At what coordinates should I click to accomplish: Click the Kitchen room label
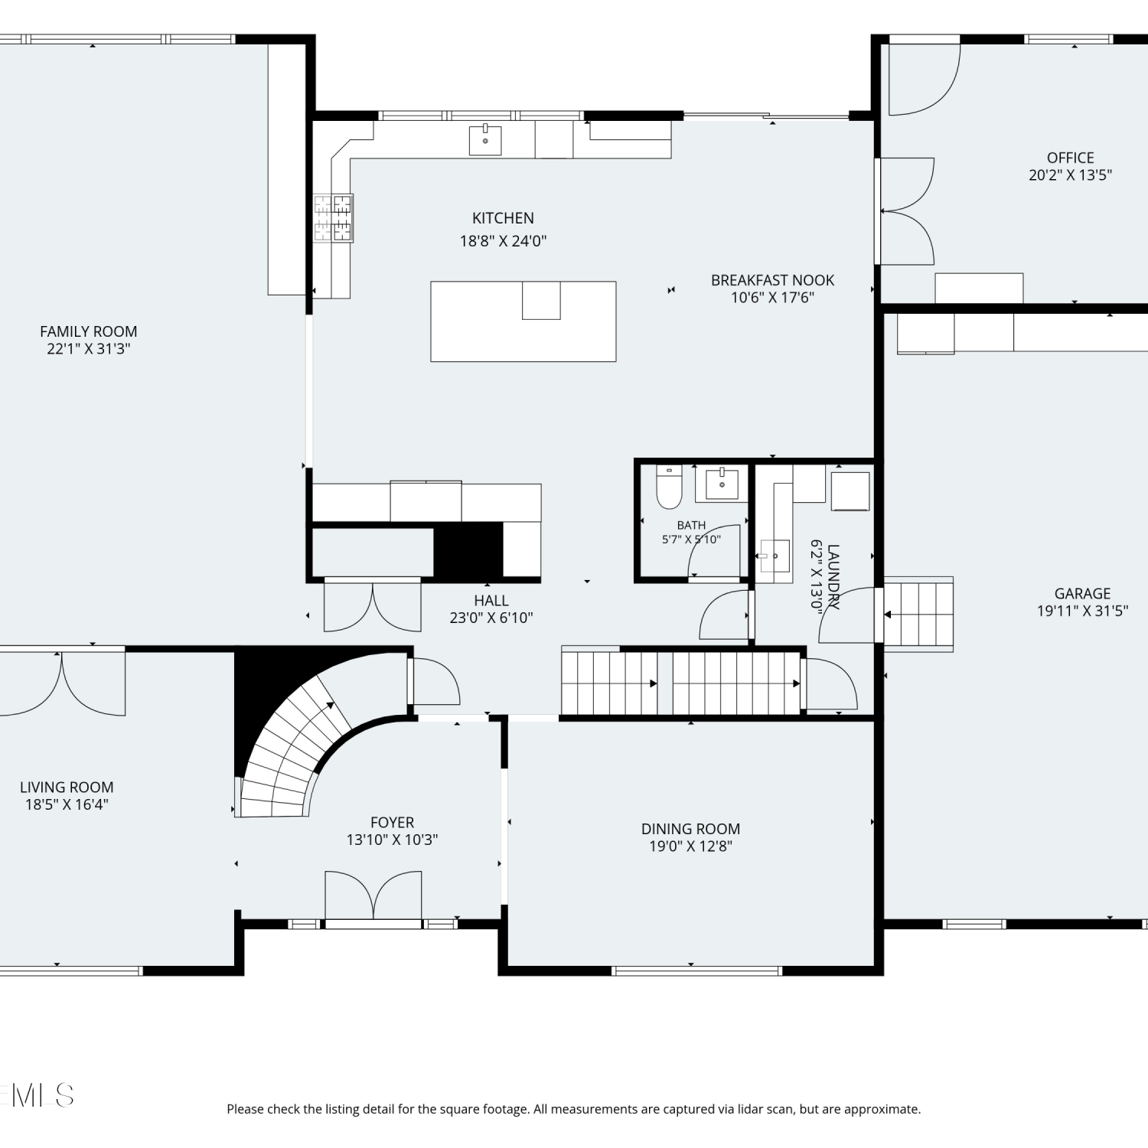pos(503,218)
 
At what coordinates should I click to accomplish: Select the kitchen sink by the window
pos(485,141)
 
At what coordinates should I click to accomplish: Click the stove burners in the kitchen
pos(333,218)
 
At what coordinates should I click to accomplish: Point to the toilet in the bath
pos(669,488)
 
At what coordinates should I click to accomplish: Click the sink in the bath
pos(722,484)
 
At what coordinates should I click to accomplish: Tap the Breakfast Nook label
pos(772,280)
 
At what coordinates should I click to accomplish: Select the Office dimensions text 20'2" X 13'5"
pos(1070,175)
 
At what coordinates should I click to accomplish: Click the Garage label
pos(1082,593)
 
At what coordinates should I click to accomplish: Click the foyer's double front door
pos(373,895)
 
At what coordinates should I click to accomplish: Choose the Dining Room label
pos(690,829)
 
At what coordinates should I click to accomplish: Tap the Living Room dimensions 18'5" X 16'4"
pos(67,804)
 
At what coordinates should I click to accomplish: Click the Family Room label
pos(89,331)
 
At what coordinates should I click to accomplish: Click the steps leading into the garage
pos(918,615)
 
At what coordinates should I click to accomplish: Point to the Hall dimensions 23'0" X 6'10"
pos(491,618)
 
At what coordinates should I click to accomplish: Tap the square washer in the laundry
pos(850,491)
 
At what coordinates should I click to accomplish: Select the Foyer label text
pos(392,823)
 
